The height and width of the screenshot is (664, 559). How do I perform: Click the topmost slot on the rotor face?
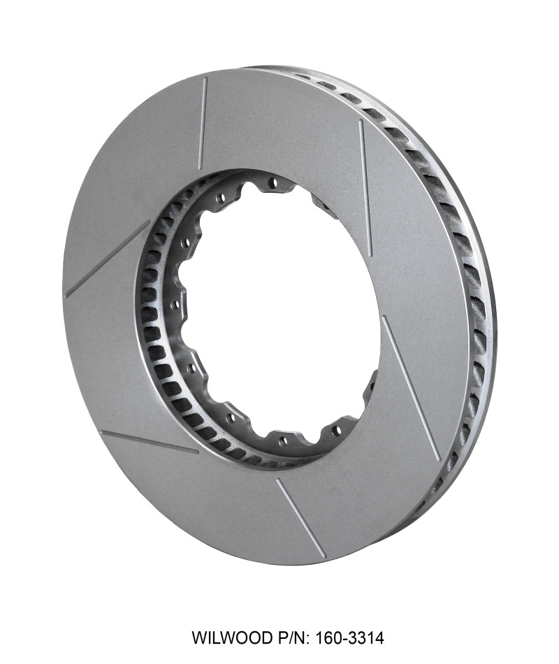203,123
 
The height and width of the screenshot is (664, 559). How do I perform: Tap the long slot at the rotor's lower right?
411,388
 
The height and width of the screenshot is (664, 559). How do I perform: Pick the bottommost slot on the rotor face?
300,517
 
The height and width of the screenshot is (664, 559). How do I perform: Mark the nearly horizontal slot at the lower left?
150,442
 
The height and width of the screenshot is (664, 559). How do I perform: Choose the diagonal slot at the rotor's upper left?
107,259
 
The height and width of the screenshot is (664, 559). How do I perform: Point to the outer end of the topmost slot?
206,78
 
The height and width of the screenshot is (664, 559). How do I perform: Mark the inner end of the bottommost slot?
277,480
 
